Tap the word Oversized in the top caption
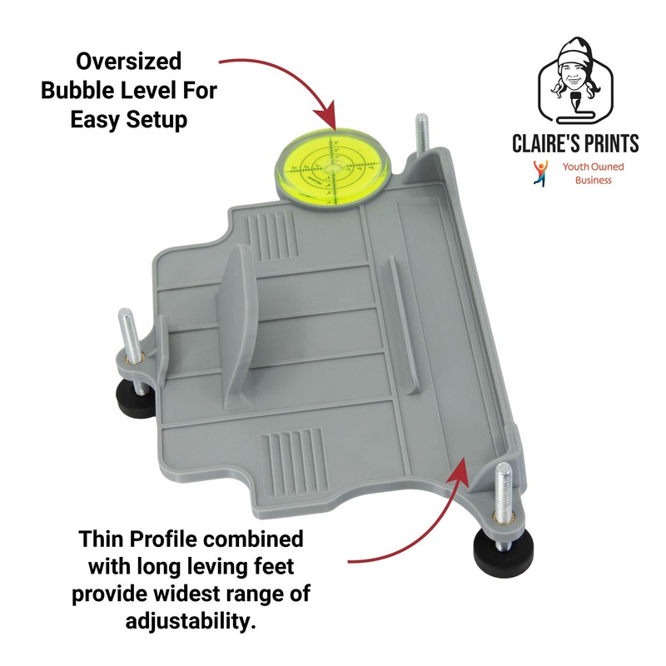click(128, 61)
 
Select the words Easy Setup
click(128, 119)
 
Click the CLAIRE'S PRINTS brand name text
click(575, 143)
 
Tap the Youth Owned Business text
click(593, 173)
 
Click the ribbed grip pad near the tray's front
click(287, 461)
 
